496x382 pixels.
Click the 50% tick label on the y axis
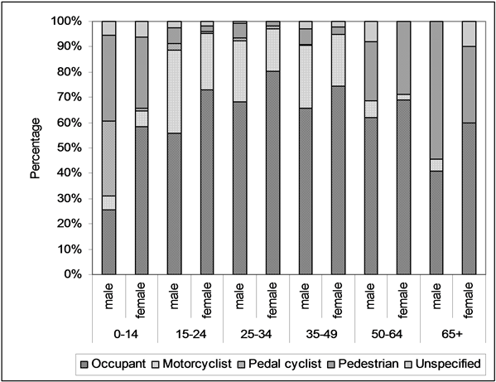pos(73,147)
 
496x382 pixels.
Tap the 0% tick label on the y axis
pos(76,274)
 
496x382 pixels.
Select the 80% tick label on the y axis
pos(73,71)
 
